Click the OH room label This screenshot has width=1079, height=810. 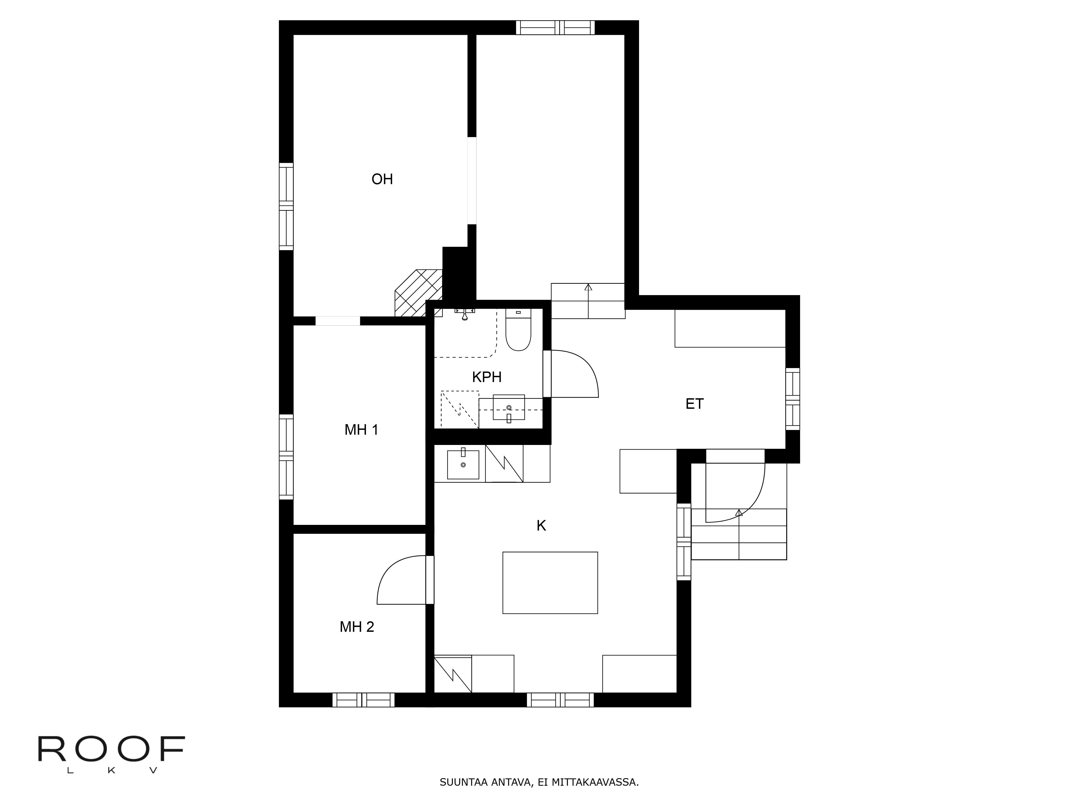click(382, 179)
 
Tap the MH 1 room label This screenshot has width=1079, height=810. click(361, 430)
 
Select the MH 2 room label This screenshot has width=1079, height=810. click(357, 626)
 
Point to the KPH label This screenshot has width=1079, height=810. click(486, 377)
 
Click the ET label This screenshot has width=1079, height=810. click(694, 404)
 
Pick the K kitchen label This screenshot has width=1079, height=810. click(541, 526)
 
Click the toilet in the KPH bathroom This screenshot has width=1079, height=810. click(518, 332)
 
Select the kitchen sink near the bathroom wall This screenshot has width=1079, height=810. click(463, 464)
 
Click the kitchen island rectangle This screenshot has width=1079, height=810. click(550, 582)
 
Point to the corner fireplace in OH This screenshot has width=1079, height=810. click(418, 293)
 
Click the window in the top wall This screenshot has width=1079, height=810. click(555, 28)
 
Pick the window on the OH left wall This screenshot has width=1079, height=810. click(286, 207)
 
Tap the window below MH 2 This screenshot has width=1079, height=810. click(363, 700)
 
